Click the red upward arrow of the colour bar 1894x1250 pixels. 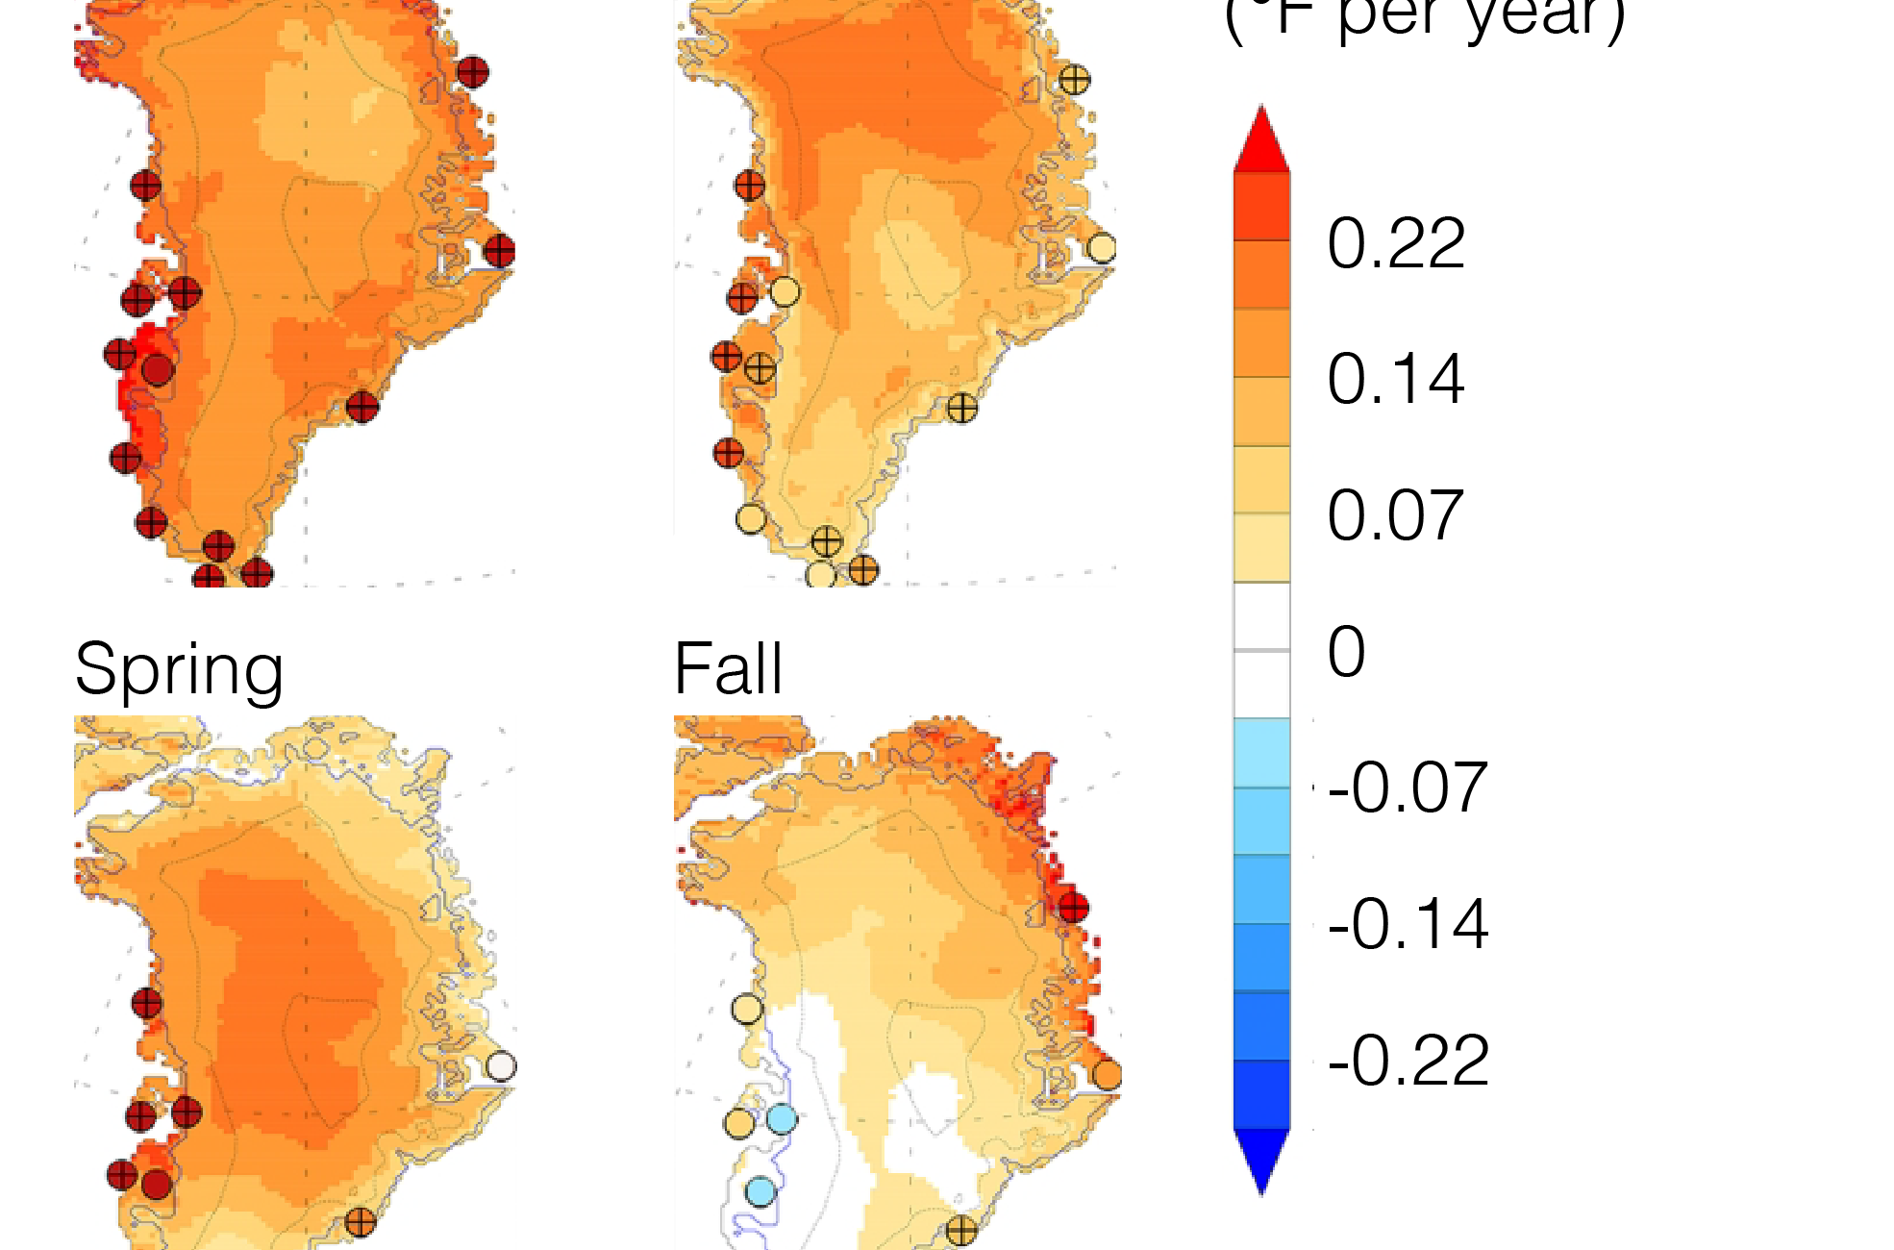(1261, 142)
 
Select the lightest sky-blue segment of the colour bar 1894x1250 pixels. (1261, 753)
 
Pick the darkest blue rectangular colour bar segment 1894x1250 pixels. (1261, 1093)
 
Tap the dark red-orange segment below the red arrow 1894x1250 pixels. (1261, 206)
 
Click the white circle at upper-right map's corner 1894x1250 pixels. (704, 566)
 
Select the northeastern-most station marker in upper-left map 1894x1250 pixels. (472, 72)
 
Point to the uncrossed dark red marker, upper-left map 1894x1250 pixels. (158, 369)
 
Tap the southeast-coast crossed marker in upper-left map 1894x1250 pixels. (362, 407)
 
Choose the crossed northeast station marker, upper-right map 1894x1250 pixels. (1074, 80)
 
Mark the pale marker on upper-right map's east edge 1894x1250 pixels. (1102, 247)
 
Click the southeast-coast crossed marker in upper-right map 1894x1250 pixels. (962, 408)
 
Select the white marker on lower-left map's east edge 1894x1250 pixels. (501, 1065)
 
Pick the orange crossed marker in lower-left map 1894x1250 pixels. (360, 1223)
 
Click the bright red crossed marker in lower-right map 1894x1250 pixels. (1073, 907)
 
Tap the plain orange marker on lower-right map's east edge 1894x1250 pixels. (1108, 1074)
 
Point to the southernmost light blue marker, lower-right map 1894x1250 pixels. (760, 1192)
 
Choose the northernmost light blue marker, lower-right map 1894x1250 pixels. (782, 1119)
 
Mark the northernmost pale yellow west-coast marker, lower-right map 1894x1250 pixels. (747, 1010)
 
